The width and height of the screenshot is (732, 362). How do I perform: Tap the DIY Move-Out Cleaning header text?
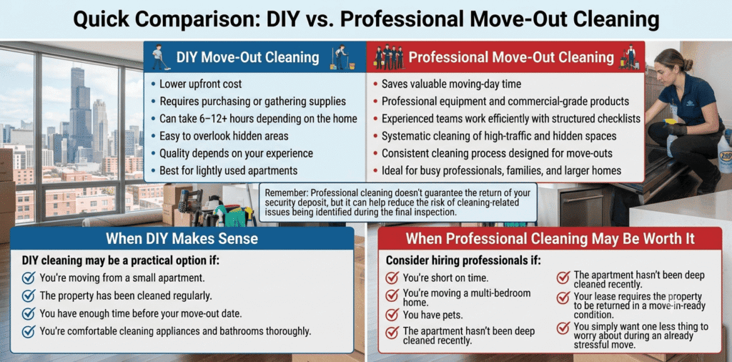pos(247,57)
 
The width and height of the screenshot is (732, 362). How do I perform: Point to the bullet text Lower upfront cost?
pos(201,84)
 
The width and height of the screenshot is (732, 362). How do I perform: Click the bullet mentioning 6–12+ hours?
pos(258,119)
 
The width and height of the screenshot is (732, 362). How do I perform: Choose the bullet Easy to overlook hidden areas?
pos(224,136)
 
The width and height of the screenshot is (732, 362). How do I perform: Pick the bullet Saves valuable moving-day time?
pos(452,84)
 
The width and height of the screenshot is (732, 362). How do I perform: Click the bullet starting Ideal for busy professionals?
pos(501,170)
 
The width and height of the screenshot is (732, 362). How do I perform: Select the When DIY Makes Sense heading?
pos(182,238)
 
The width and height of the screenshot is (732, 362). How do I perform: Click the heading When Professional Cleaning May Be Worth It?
pos(550,239)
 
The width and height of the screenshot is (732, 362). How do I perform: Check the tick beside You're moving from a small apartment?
pos(29,278)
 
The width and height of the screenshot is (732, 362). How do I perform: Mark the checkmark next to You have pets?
pos(391,315)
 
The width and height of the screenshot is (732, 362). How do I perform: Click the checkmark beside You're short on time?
pos(391,278)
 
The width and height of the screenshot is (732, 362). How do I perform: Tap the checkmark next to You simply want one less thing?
pos(563,328)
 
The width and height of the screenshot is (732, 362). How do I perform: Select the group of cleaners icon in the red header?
pos(389,57)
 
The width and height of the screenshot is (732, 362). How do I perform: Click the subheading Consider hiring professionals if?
pos(463,260)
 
